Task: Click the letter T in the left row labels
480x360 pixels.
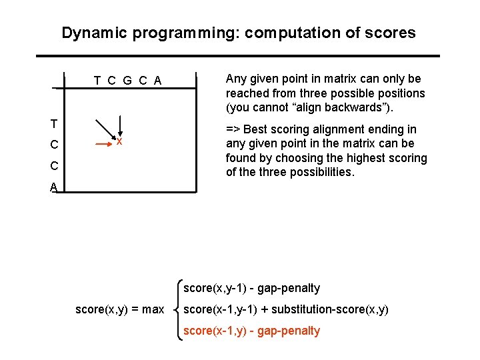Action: click(x=53, y=124)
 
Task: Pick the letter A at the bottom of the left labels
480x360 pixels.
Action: click(x=53, y=188)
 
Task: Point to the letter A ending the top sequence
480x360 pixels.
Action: click(x=157, y=81)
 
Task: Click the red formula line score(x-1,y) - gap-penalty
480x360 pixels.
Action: click(x=251, y=331)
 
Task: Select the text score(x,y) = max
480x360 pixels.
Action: click(x=119, y=309)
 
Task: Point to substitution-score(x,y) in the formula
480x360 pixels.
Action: click(x=331, y=309)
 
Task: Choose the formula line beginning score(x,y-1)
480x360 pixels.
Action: click(x=251, y=288)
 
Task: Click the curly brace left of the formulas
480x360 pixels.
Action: click(x=177, y=309)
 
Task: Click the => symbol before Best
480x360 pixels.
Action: click(x=233, y=129)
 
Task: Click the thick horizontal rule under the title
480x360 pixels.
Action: click(x=237, y=55)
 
